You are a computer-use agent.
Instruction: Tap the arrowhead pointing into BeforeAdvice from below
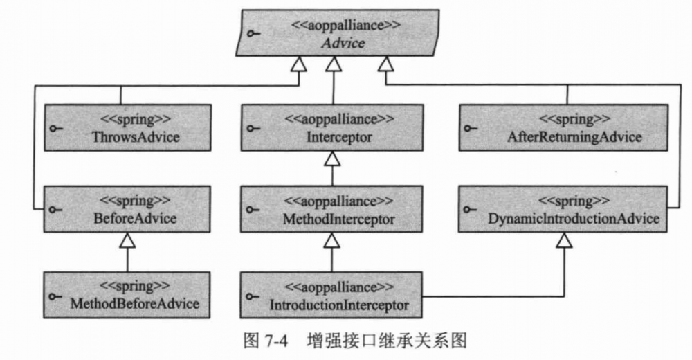click(x=127, y=240)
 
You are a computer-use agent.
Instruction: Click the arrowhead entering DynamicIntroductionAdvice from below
click(x=565, y=240)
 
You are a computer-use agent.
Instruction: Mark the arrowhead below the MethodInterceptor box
click(x=333, y=240)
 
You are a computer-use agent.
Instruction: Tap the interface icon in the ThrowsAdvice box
click(x=55, y=129)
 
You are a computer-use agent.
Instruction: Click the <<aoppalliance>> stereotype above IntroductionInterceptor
click(x=339, y=286)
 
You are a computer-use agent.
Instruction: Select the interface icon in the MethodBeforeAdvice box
click(x=55, y=296)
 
